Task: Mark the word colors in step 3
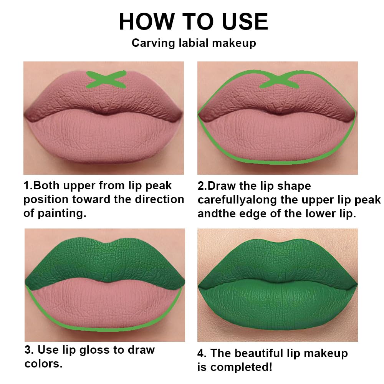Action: [x=43, y=363]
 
